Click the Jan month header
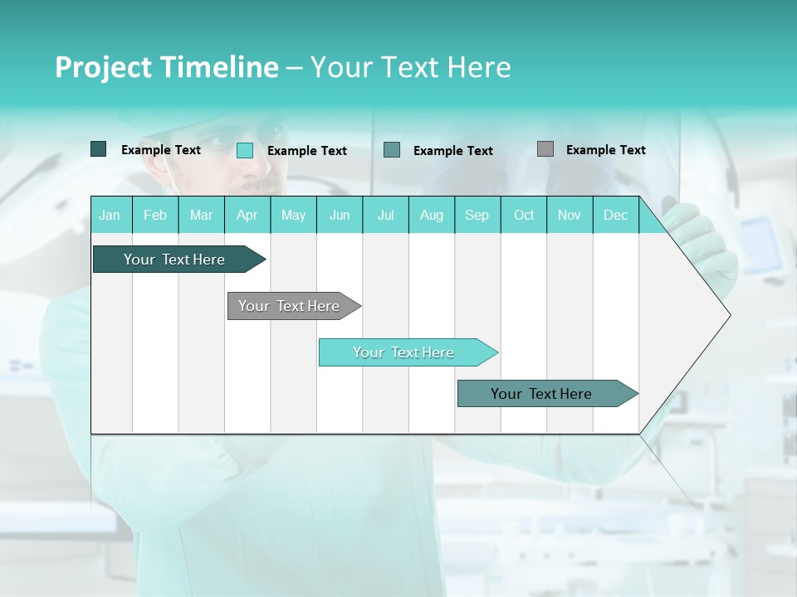point(110,216)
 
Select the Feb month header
point(155,216)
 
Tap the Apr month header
point(247,216)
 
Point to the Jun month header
point(340,216)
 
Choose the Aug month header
point(431,216)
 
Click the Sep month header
point(477,216)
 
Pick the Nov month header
point(569,216)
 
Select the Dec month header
point(615,216)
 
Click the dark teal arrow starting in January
point(175,260)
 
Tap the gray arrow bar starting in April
point(290,306)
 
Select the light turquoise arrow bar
point(404,352)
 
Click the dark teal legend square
point(98,149)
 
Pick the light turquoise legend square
point(244,150)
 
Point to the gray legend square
point(545,149)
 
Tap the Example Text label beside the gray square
point(605,150)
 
